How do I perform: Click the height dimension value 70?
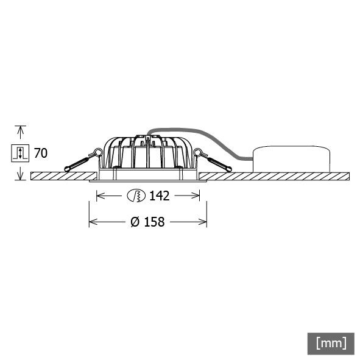[x=40, y=152]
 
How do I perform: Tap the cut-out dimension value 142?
[x=159, y=196]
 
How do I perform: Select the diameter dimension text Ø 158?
[x=147, y=222]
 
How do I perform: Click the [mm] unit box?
[x=331, y=343]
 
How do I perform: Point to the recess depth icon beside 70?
[x=20, y=152]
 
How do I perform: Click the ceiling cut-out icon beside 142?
[x=136, y=196]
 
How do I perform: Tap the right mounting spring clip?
[x=214, y=161]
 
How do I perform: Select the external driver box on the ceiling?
[x=291, y=160]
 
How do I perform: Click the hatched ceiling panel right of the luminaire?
[x=274, y=176]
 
